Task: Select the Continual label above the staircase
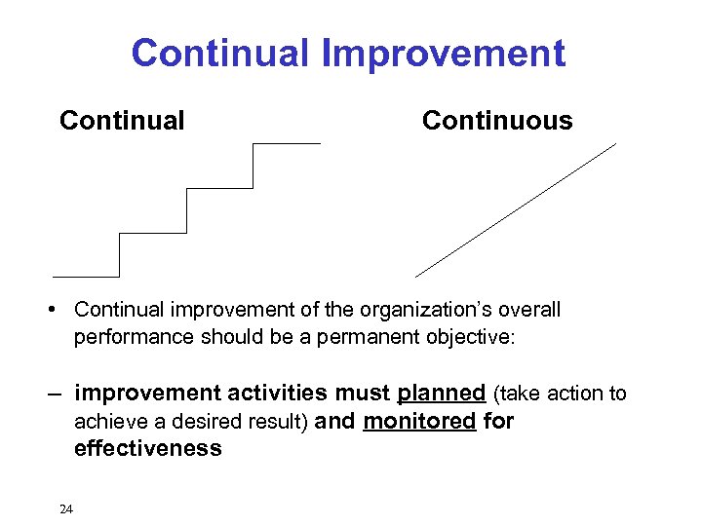[122, 121]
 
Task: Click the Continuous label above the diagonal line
[497, 121]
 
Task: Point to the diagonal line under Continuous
[516, 210]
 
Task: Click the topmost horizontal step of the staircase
[287, 144]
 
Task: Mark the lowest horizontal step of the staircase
[86, 277]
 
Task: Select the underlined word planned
[442, 394]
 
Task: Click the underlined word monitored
[419, 421]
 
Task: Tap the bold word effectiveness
[148, 448]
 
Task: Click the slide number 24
[66, 508]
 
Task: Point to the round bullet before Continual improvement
[61, 311]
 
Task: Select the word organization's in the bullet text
[427, 310]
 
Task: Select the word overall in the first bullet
[527, 310]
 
